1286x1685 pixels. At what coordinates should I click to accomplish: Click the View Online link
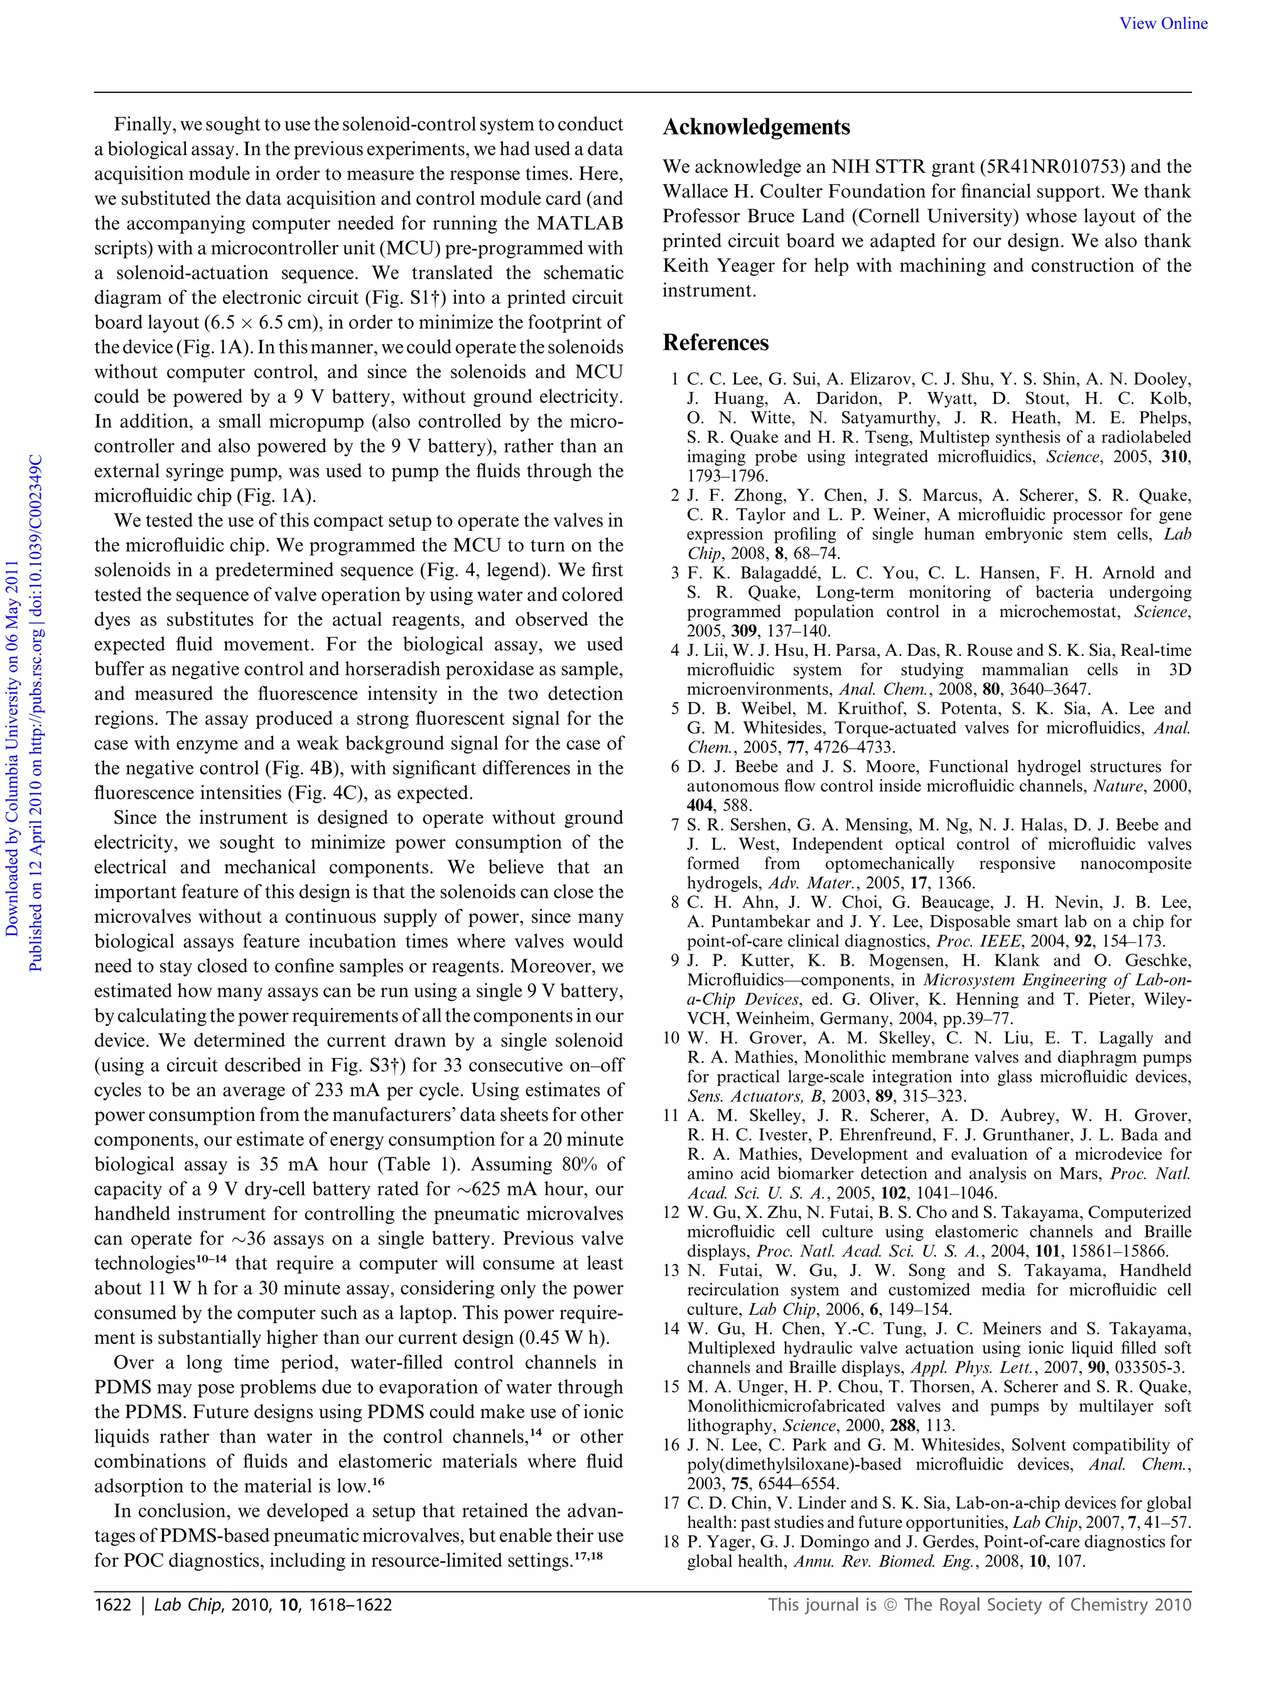tap(1164, 24)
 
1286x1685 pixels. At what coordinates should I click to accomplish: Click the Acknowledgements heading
tap(756, 127)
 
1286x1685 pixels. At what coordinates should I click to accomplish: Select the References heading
tap(716, 342)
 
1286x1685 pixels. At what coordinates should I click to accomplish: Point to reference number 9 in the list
tap(674, 961)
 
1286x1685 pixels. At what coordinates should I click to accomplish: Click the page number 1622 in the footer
tap(112, 1605)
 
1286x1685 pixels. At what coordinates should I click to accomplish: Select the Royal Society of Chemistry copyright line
tap(980, 1605)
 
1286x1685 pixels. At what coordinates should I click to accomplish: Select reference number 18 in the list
tap(672, 1542)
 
